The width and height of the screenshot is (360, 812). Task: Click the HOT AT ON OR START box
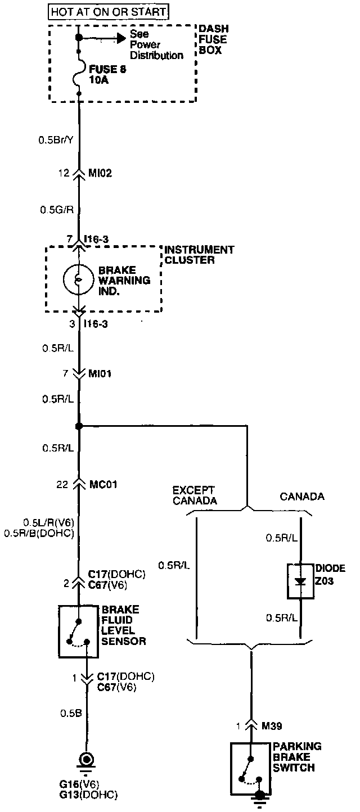pyautogui.click(x=109, y=11)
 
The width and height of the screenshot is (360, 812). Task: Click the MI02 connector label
pyautogui.click(x=101, y=173)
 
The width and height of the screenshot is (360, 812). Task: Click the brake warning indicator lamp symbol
pyautogui.click(x=79, y=279)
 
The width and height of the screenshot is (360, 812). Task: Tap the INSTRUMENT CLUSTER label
pyautogui.click(x=199, y=254)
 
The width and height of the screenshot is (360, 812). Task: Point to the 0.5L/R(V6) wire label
pyautogui.click(x=48, y=521)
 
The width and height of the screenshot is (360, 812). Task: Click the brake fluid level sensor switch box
pyautogui.click(x=78, y=631)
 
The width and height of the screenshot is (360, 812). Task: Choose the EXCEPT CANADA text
pyautogui.click(x=195, y=495)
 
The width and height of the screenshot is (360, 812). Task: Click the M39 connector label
pyautogui.click(x=271, y=725)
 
